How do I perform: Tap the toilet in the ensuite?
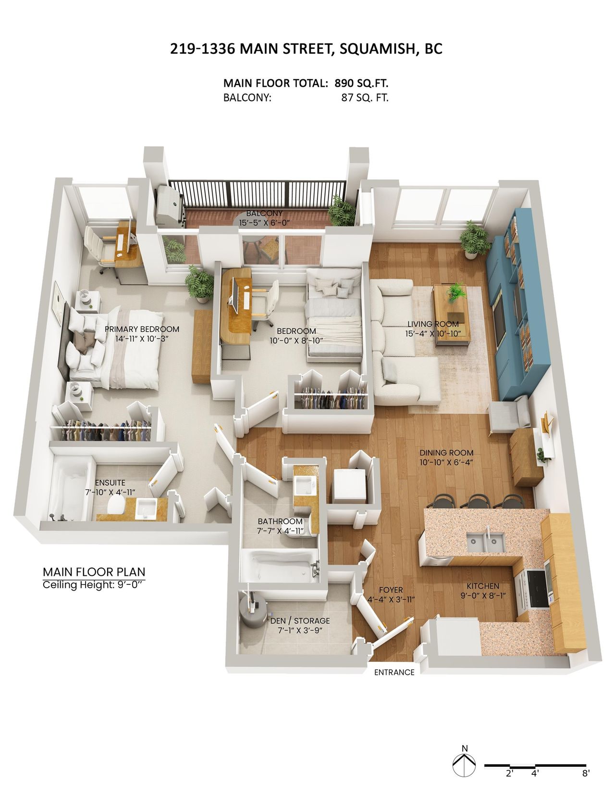(x=116, y=507)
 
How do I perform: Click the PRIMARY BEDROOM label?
(x=142, y=329)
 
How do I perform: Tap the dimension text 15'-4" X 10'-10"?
(x=433, y=333)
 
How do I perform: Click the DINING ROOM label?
(x=446, y=453)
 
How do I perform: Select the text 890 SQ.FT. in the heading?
(x=361, y=83)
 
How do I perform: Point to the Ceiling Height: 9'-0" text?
(x=95, y=584)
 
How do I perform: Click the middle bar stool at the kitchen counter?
(x=478, y=501)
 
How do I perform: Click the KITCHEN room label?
(x=482, y=586)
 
